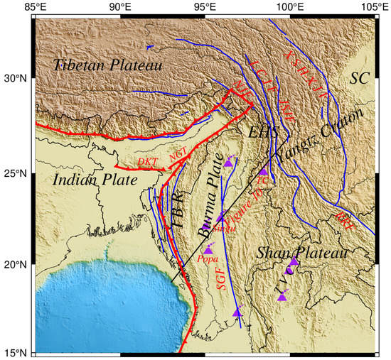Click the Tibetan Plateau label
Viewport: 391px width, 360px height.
[107, 65]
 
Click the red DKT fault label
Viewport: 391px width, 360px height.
[147, 162]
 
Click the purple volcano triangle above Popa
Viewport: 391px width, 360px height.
[208, 249]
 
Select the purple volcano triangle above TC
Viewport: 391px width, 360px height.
[263, 171]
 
